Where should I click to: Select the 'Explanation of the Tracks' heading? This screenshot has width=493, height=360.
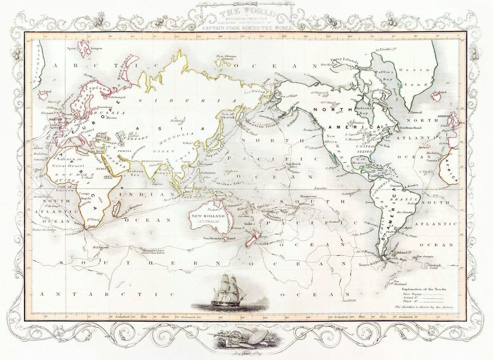click(x=425, y=289)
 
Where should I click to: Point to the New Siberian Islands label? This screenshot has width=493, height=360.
click(x=226, y=58)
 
